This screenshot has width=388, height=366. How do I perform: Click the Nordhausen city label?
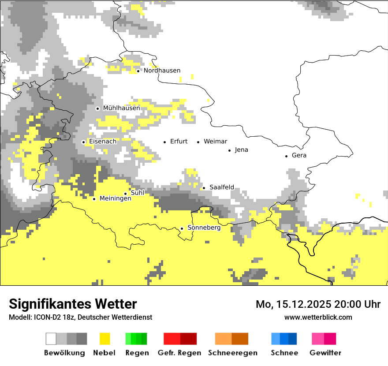[162, 71]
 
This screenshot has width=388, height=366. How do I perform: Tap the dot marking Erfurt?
[164, 142]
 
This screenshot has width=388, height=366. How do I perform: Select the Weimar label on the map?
[215, 142]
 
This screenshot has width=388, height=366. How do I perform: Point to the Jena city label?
[241, 150]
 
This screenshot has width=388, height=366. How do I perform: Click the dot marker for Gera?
[286, 156]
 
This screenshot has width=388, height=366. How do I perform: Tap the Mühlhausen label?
[121, 108]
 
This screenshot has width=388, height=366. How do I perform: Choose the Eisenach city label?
[103, 142]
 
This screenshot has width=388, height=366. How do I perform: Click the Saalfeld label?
[221, 187]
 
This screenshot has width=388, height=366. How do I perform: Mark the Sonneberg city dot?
[182, 228]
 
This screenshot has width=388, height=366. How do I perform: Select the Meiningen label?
[115, 199]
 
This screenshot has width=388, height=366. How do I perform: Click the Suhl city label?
[138, 193]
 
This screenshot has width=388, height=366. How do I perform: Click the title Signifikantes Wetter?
[73, 304]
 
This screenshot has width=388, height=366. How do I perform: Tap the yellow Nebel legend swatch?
[104, 339]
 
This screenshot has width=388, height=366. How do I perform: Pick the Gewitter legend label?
[325, 353]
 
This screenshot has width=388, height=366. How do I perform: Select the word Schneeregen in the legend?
[232, 353]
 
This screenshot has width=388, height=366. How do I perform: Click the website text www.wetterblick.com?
[318, 317]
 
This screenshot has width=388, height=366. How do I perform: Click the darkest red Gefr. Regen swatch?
[188, 339]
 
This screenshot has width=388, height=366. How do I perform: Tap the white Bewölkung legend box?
[51, 339]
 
